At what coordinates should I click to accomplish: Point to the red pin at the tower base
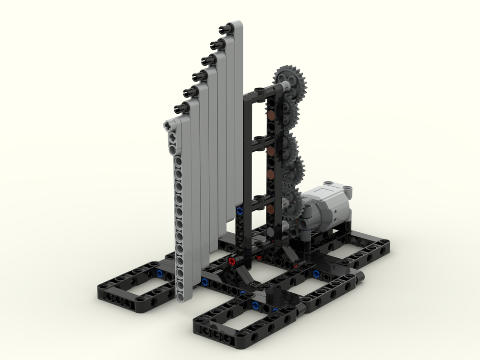pos(232,261)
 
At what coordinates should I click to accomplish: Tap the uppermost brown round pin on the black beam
pos(272,115)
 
